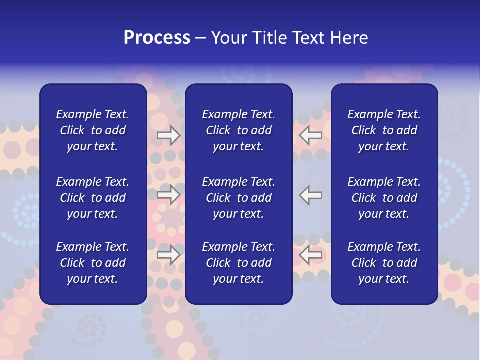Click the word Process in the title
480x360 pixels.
[157, 38]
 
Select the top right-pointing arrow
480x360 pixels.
[168, 135]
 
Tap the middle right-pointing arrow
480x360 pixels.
[168, 194]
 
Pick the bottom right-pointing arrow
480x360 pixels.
[168, 255]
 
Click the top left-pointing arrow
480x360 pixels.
[311, 135]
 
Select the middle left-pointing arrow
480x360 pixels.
[311, 194]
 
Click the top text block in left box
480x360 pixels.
[93, 130]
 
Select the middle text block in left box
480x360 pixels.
[93, 198]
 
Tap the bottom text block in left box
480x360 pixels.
[93, 263]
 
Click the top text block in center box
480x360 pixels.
[238, 130]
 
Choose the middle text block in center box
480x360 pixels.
[238, 198]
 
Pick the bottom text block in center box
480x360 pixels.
[238, 263]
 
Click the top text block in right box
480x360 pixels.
[384, 130]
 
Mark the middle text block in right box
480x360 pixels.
[384, 198]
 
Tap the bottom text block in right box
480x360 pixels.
[384, 263]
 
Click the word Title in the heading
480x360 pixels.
[269, 38]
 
